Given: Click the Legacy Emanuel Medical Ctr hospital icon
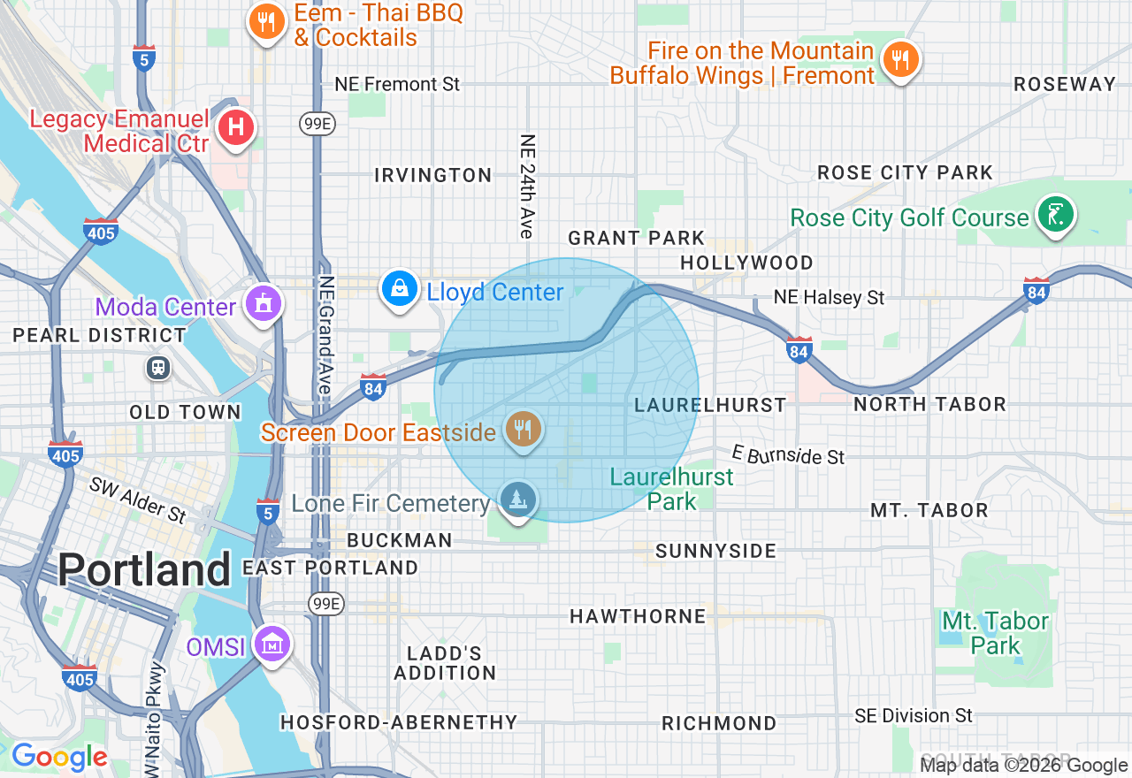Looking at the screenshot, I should tap(235, 127).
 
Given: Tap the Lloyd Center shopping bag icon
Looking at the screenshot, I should tap(400, 289).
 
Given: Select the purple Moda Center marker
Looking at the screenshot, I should tap(263, 303).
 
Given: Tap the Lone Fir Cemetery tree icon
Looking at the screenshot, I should tap(517, 500).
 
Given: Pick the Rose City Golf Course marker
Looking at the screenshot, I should tap(1055, 214).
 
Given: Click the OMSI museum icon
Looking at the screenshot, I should tap(272, 644).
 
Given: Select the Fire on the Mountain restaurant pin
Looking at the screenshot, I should tap(900, 60).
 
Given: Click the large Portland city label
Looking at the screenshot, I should tap(144, 570).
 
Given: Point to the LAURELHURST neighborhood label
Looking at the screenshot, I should tap(710, 405).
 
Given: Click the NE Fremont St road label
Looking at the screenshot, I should tap(397, 85).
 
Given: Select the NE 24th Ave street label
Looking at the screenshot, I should tap(528, 186).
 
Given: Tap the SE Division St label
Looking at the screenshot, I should tap(914, 715).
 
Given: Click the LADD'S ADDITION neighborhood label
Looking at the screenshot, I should tap(445, 663).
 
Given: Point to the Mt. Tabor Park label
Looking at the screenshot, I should tap(995, 633).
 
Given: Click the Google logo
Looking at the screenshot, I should tap(59, 758).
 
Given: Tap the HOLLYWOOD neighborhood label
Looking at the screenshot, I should tap(746, 263).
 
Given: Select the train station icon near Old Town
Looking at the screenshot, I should tap(159, 368).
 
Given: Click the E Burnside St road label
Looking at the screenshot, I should tap(788, 455).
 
